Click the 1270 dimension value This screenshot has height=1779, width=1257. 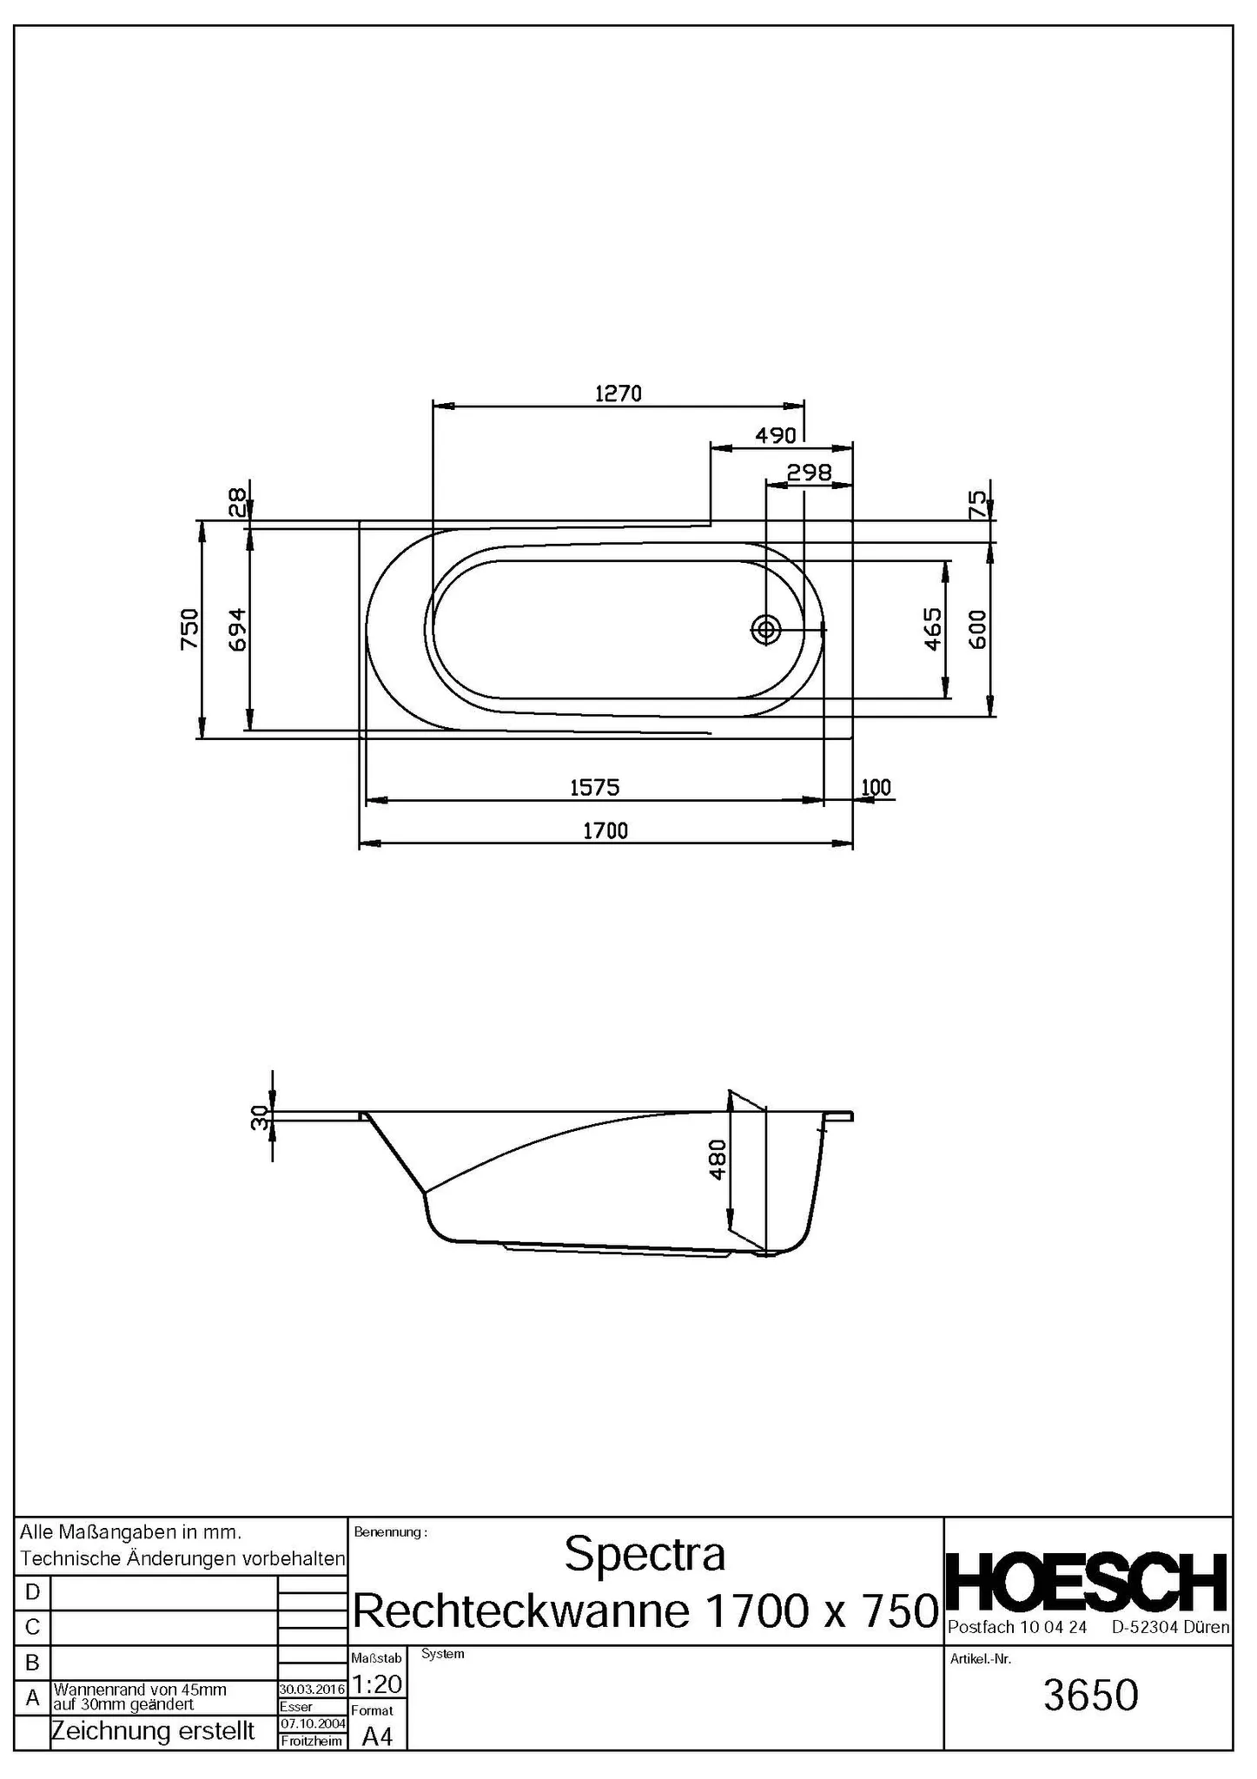[x=618, y=393]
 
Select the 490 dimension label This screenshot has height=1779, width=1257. [x=775, y=435]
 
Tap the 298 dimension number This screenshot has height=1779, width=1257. [x=809, y=473]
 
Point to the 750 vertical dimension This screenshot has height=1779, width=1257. [x=189, y=629]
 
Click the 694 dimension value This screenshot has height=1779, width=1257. [x=237, y=629]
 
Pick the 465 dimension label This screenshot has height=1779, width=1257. [x=932, y=629]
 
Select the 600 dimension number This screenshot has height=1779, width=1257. [x=976, y=629]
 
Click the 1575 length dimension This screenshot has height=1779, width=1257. [x=594, y=787]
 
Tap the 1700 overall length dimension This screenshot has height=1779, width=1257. [x=605, y=830]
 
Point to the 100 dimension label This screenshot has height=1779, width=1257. [x=876, y=787]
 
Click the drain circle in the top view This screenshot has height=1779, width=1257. [x=766, y=629]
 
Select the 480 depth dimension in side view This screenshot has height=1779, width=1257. [x=718, y=1160]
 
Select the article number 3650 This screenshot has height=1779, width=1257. [x=1090, y=1695]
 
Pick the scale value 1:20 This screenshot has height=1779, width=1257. [x=377, y=1684]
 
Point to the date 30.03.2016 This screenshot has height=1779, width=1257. [x=312, y=1690]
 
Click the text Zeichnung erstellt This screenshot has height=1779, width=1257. [x=153, y=1731]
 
